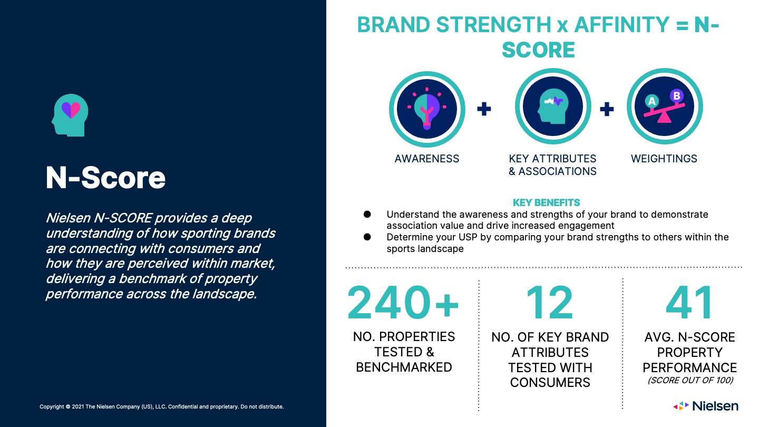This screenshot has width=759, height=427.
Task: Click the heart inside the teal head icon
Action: click(71, 110)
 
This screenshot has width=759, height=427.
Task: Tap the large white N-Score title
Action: click(105, 178)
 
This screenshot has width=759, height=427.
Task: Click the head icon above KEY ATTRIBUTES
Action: click(553, 106)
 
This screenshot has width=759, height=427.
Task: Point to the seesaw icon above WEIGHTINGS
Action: click(665, 106)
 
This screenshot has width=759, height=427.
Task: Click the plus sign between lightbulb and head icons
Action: click(484, 109)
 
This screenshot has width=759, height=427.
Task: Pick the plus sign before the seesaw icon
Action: click(607, 109)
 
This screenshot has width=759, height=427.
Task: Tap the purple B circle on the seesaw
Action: click(677, 96)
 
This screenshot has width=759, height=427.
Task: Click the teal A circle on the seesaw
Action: click(651, 101)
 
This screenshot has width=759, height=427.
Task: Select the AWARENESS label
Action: click(427, 159)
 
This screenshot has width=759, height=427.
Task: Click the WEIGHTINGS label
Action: click(664, 159)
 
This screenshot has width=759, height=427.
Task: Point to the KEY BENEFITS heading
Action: click(546, 202)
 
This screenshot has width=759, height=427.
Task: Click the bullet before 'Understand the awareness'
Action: click(367, 214)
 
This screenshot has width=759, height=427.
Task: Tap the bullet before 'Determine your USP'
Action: click(367, 237)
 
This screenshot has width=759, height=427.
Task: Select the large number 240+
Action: click(403, 302)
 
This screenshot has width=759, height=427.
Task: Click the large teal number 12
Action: click(550, 302)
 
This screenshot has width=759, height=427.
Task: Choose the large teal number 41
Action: click(689, 302)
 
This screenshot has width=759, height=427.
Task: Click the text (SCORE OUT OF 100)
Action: click(690, 380)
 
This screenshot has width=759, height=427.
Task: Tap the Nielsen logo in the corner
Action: click(706, 406)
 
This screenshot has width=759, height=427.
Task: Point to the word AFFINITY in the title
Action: click(622, 25)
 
